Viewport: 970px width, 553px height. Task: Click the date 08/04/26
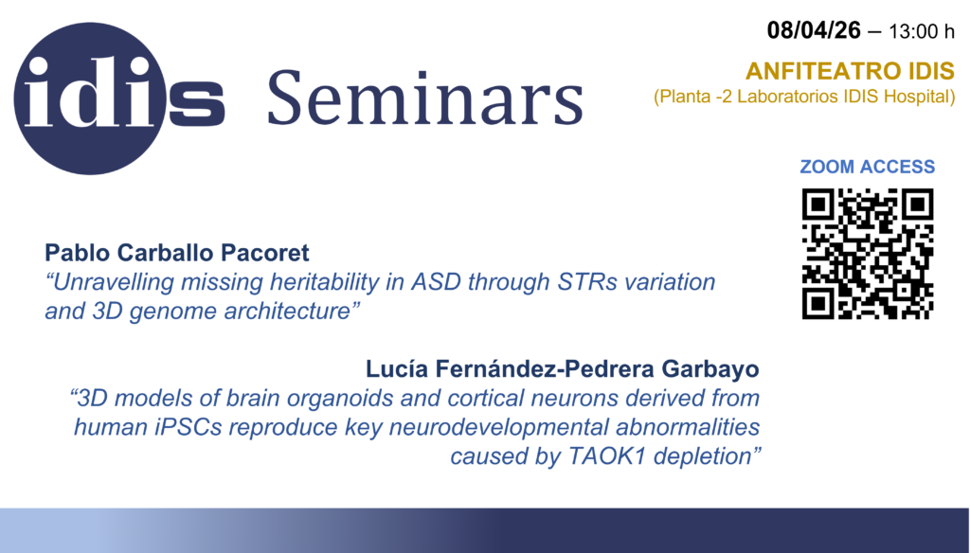pyautogui.click(x=814, y=30)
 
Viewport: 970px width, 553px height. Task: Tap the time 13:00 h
pyautogui.click(x=921, y=31)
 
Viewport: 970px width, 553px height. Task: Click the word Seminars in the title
pyautogui.click(x=425, y=98)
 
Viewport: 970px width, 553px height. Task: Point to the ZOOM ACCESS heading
pyautogui.click(x=868, y=167)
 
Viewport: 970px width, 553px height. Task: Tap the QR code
pyautogui.click(x=868, y=254)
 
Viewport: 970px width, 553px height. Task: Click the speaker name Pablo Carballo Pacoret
pyautogui.click(x=176, y=253)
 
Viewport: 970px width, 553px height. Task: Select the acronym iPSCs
pyautogui.click(x=189, y=427)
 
